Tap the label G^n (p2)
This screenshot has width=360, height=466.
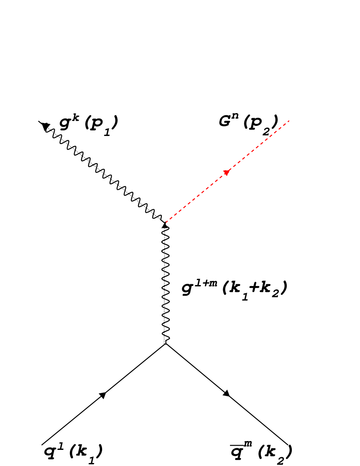(x=248, y=123)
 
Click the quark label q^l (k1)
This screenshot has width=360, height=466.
(x=73, y=452)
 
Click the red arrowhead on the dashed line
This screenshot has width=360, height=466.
(x=227, y=172)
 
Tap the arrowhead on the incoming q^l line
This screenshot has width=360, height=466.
(x=102, y=395)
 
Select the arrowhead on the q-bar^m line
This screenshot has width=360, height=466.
(x=227, y=393)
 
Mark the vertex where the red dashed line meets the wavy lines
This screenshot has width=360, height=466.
(x=166, y=223)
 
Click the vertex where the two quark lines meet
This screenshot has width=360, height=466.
(x=166, y=344)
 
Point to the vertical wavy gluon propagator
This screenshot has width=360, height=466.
(x=166, y=284)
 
